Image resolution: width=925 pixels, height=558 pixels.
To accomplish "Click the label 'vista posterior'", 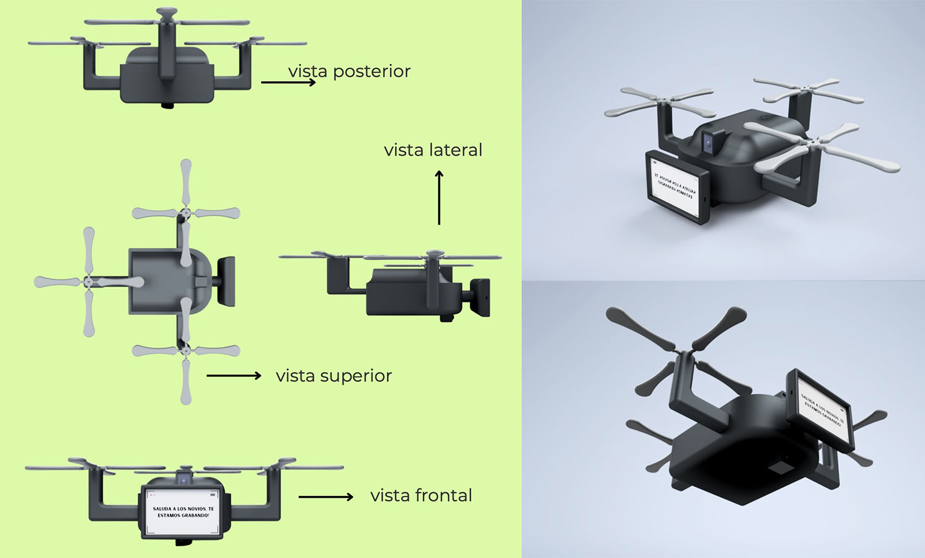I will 349,71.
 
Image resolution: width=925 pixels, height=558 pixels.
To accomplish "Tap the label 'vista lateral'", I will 433,150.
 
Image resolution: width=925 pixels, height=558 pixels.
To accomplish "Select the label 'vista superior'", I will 334,376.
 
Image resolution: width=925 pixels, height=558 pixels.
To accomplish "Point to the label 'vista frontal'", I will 421,495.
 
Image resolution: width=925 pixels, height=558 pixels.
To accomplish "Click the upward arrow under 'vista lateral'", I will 439,198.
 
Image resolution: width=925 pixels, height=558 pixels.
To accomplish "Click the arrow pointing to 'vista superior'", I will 234,376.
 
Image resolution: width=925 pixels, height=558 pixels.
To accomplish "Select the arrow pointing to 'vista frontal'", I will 325,497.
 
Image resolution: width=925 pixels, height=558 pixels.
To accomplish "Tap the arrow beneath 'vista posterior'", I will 288,82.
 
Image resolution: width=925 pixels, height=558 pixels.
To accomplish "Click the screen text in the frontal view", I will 183,511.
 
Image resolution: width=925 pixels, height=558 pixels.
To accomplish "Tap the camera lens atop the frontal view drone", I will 184,479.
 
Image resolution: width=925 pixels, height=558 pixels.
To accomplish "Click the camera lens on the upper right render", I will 708,143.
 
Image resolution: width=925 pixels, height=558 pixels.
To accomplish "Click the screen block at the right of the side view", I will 481,298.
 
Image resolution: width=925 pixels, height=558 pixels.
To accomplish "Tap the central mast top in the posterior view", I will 167,12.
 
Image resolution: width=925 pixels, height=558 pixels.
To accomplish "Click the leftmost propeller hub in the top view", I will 89,281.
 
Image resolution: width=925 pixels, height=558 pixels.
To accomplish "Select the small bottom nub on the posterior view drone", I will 168,105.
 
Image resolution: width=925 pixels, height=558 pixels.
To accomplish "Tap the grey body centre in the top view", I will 161,281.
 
